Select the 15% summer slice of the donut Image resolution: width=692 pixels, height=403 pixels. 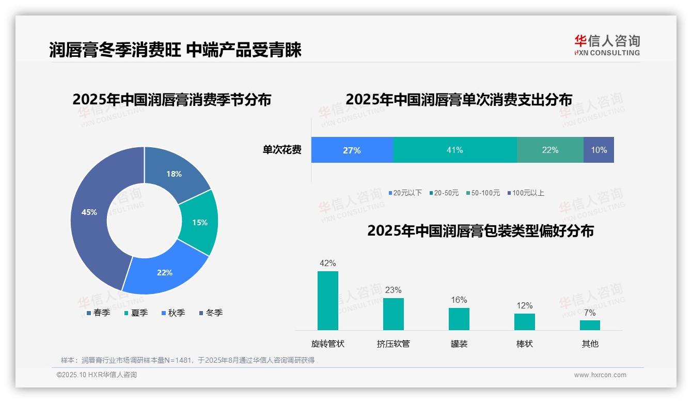(200, 222)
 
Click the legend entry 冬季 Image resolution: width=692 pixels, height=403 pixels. (211, 313)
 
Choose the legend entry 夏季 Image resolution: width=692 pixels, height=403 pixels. (136, 313)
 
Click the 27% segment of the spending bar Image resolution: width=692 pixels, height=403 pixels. (352, 150)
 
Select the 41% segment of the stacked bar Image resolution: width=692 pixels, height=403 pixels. (454, 150)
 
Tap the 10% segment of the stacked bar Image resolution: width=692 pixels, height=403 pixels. (599, 150)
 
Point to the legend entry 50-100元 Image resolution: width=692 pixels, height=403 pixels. (483, 193)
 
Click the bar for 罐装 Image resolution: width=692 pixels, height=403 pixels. (459, 319)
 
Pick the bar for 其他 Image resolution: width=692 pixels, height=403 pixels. (590, 325)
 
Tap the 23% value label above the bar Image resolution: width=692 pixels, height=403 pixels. (393, 290)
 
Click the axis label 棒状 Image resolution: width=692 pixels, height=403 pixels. (524, 344)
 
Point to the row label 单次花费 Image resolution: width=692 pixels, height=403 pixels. (282, 150)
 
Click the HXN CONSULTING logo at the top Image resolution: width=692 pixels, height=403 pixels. (607, 45)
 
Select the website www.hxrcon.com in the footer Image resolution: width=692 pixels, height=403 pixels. (600, 375)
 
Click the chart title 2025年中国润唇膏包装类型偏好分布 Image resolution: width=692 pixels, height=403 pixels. (480, 230)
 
